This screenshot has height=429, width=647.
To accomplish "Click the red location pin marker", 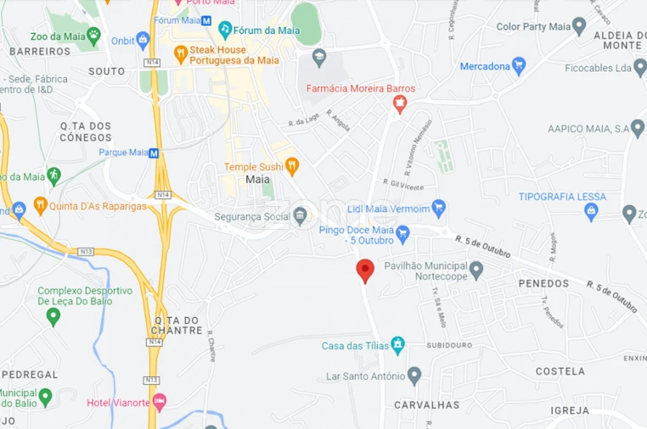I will click(365, 270).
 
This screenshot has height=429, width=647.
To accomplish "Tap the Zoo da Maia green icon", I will click(93, 36).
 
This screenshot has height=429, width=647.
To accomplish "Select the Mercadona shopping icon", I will click(519, 65).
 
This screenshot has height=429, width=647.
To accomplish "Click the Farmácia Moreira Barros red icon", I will click(400, 104).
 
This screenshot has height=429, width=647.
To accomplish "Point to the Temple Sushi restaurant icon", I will click(292, 165).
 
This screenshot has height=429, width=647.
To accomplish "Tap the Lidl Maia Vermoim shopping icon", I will click(438, 207).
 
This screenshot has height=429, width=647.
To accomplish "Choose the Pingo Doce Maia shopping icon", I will click(403, 231).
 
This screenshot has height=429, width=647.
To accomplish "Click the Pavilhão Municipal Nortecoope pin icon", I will click(476, 270).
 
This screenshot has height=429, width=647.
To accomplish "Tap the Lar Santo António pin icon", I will click(414, 376).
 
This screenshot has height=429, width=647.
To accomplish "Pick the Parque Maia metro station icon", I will click(154, 153).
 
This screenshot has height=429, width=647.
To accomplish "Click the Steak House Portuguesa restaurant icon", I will click(180, 54).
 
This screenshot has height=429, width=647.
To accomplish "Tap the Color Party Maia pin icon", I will click(579, 26).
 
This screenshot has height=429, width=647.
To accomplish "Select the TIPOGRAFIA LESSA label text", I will click(562, 197).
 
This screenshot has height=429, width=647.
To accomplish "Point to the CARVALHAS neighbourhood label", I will click(427, 405).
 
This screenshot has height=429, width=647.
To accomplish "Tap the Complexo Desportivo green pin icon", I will click(53, 316).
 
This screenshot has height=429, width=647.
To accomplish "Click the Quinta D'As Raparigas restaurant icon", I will click(40, 205).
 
